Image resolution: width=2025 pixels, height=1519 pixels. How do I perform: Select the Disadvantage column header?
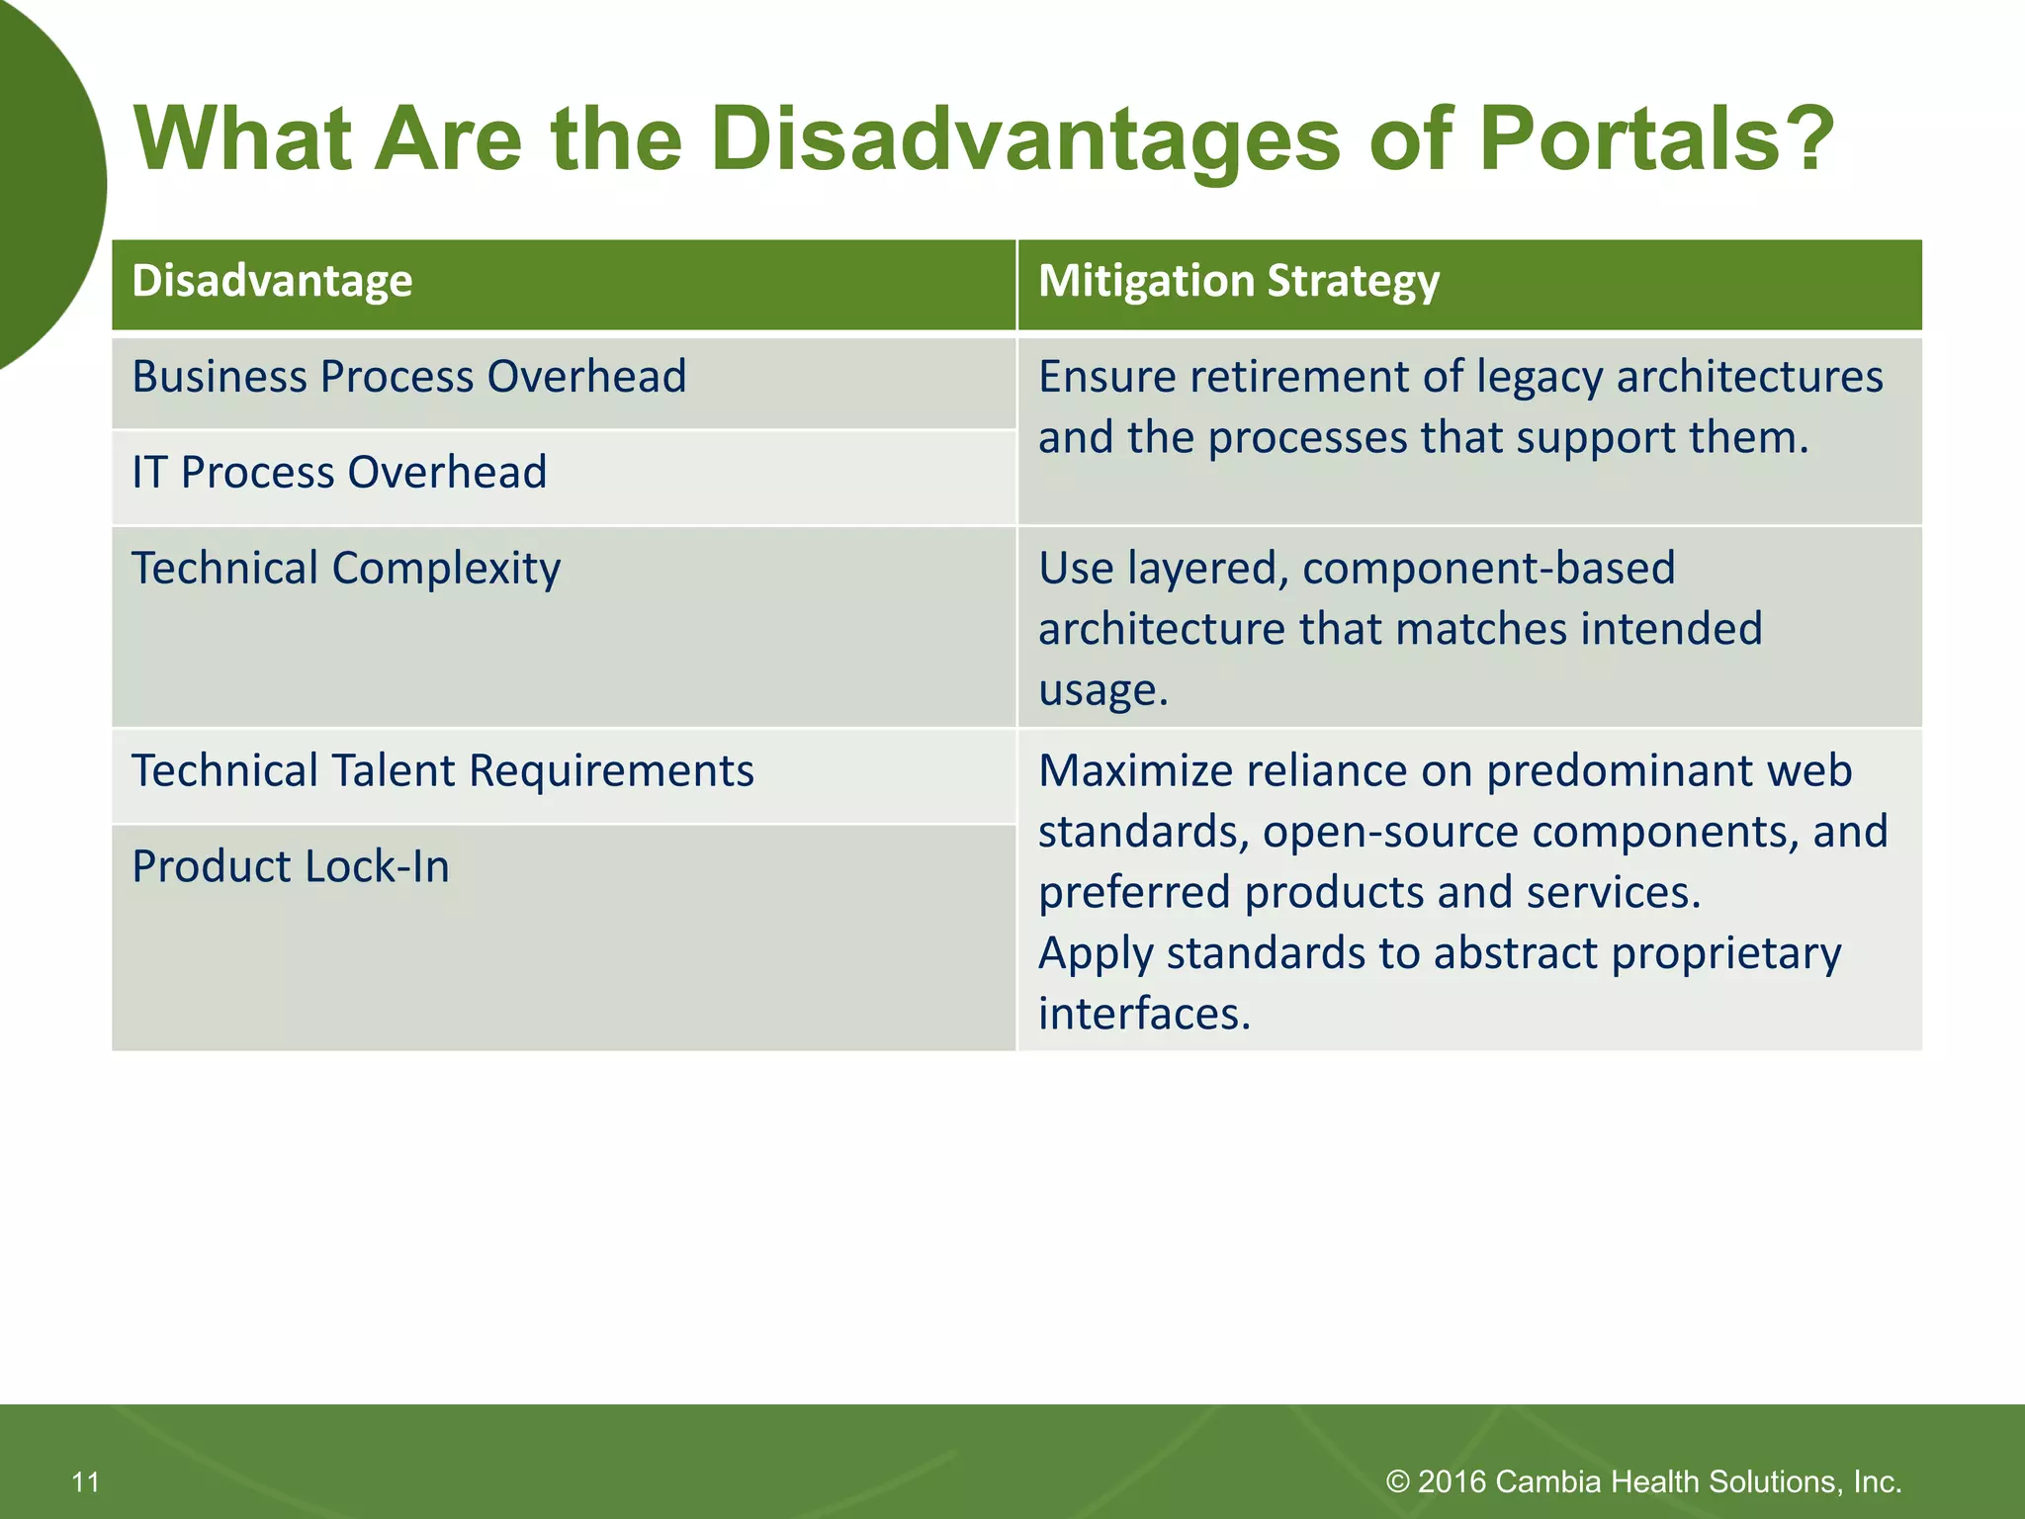272,281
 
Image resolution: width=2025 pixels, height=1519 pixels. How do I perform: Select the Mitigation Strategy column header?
1238,281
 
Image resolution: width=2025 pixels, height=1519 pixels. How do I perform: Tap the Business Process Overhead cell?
408,378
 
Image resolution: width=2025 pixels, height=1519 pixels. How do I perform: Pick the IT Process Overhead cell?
339,473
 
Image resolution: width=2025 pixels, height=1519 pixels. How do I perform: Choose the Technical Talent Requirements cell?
442,771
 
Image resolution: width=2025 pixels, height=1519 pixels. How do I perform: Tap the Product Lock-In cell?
291,867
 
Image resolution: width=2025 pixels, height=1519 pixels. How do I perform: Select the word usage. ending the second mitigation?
1102,691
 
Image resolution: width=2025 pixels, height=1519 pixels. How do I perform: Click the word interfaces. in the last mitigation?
1144,1015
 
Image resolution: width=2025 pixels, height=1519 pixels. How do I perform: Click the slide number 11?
86,1481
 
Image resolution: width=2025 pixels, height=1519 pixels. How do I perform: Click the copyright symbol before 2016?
1397,1481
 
